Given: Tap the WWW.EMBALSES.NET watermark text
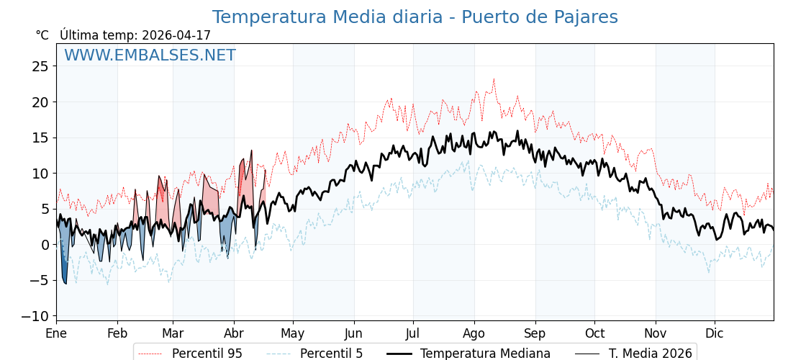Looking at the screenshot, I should point(150,55).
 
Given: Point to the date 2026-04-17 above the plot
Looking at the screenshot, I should point(176,35).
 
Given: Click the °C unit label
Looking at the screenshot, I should point(42,35).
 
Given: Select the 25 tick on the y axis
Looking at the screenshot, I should point(40,66).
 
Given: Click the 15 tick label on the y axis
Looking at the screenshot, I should point(40,138).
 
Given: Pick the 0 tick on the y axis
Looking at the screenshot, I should point(45,245).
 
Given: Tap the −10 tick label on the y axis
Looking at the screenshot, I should point(35,316).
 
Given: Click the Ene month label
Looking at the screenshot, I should point(56,334).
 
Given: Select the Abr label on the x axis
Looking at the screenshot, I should point(234,334).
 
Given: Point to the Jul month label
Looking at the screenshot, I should point(413,334).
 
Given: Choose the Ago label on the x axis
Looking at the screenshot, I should point(474,334).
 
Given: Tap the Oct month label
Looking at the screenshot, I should point(594,334).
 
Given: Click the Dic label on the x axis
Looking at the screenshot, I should point(715,334).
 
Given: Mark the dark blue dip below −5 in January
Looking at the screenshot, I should point(64,277).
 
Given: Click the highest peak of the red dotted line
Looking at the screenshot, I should point(494,79).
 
